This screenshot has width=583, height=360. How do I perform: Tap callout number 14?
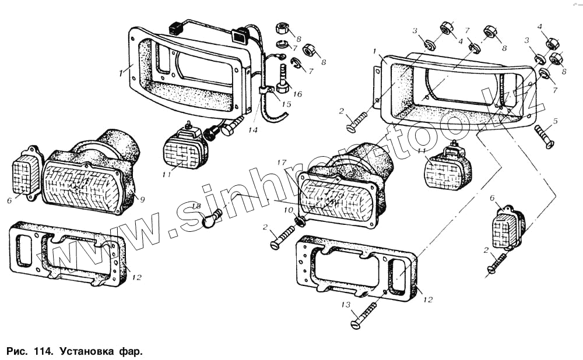click(252, 130)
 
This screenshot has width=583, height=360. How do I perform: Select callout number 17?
click(282, 162)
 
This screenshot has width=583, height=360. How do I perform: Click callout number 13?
click(346, 304)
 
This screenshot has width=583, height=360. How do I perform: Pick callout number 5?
click(556, 121)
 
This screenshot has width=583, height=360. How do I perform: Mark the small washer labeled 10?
click(299, 221)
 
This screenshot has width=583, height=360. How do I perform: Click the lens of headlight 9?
click(85, 186)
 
